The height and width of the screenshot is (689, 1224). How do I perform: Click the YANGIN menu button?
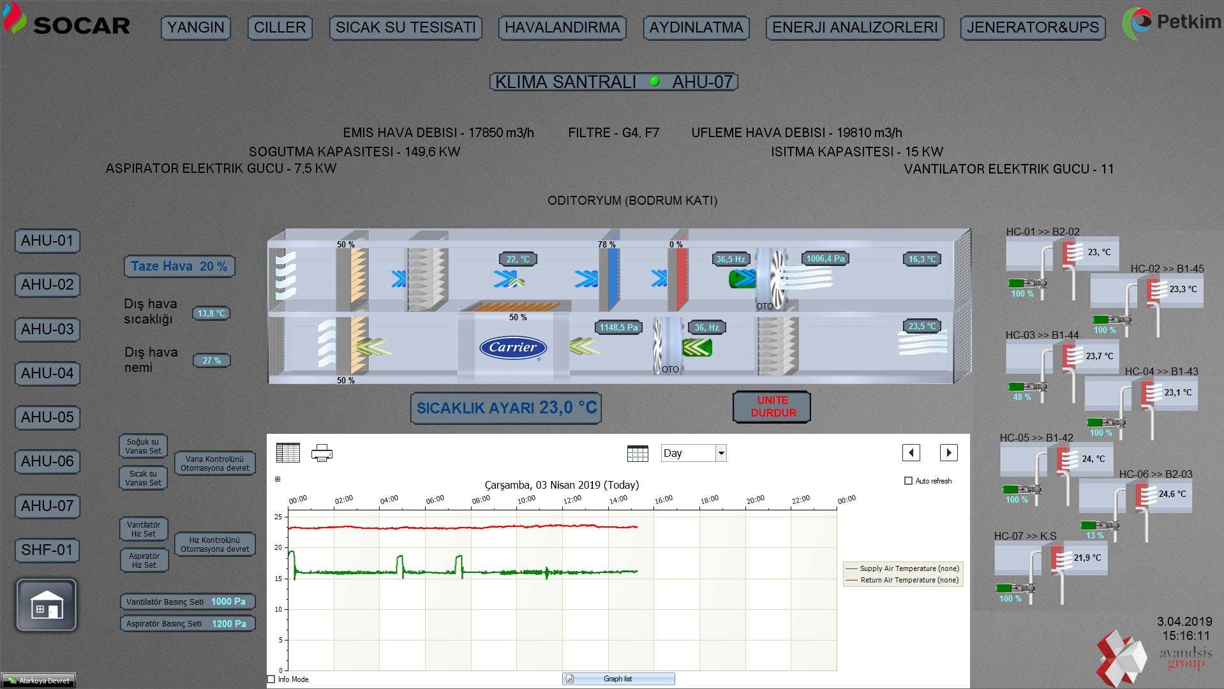195,27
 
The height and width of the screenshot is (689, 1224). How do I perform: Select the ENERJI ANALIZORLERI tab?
855,27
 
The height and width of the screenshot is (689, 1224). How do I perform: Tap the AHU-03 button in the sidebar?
47,329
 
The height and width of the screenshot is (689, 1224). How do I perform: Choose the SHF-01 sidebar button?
47,550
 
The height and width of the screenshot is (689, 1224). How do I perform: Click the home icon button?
47,605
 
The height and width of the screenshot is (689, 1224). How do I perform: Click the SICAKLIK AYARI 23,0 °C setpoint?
506,408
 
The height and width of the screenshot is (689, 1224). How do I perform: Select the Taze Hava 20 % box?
179,266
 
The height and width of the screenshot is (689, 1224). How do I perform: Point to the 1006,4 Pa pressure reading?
825,258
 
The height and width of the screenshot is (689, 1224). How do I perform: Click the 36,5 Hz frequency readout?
731,259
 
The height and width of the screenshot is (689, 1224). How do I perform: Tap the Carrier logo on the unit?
513,348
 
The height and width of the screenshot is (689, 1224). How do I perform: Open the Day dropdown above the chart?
694,453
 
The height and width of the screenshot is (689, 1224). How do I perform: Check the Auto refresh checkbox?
908,481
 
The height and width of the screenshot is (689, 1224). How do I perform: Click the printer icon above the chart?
322,453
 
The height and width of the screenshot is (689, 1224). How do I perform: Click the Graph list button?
618,679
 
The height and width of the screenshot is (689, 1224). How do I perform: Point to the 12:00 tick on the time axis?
572,500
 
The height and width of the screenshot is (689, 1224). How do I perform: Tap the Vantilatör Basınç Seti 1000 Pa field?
188,602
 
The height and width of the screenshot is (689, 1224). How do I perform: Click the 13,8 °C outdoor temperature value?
211,313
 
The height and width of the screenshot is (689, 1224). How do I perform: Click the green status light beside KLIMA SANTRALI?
654,82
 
